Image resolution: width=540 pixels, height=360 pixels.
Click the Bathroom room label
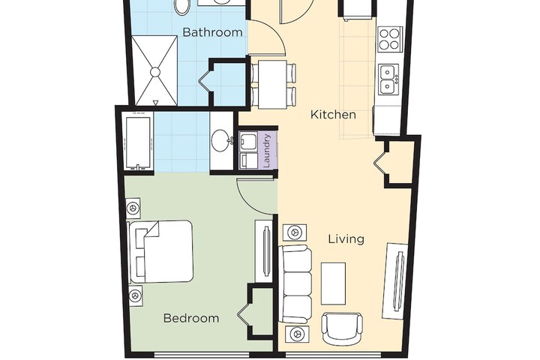213,32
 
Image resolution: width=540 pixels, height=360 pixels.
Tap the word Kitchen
333,115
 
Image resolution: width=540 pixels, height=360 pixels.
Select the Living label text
346,239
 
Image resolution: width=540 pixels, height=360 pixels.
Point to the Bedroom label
191,318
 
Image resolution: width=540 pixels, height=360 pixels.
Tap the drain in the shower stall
156,71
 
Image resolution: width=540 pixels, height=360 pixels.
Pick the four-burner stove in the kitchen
389,38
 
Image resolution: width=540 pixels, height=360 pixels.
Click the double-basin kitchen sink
388,77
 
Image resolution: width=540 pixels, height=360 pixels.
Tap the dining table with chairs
271,82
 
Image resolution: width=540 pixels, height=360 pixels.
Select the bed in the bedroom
162,251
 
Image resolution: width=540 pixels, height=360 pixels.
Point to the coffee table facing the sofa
334,283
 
